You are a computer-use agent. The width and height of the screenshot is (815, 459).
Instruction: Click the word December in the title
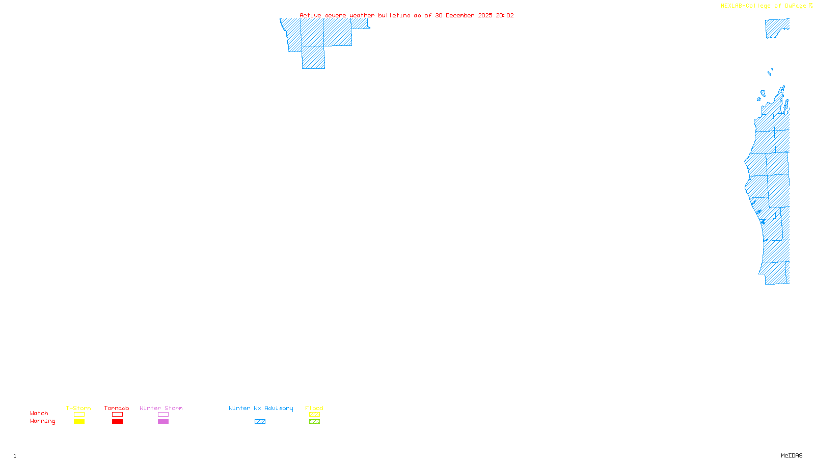pyautogui.click(x=460, y=15)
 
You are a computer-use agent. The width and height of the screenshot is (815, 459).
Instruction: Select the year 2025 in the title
pyautogui.click(x=485, y=15)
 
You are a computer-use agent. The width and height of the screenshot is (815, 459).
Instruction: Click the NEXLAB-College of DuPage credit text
pyautogui.click(x=763, y=6)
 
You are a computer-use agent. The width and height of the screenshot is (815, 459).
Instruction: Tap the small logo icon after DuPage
pyautogui.click(x=810, y=6)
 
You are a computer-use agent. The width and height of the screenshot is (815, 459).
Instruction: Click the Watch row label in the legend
pyautogui.click(x=39, y=414)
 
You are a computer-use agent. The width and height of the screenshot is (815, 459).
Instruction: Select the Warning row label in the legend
pyautogui.click(x=43, y=421)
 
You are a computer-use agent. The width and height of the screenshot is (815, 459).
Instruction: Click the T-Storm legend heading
pyautogui.click(x=78, y=408)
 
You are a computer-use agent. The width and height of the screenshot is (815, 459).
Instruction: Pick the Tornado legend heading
pyautogui.click(x=117, y=408)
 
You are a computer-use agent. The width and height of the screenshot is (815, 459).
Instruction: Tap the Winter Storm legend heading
pyautogui.click(x=161, y=408)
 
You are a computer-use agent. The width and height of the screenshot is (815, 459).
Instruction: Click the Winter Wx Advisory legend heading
pyautogui.click(x=261, y=408)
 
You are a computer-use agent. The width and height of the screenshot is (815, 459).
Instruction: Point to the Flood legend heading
pyautogui.click(x=314, y=408)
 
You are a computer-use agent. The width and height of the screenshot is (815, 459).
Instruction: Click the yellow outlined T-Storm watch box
pyautogui.click(x=79, y=415)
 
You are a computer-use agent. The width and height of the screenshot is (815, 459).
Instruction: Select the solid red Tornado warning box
pyautogui.click(x=117, y=422)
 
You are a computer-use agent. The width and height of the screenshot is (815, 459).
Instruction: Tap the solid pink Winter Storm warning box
pyautogui.click(x=163, y=422)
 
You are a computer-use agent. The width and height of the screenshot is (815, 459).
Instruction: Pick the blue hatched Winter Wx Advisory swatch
pyautogui.click(x=260, y=422)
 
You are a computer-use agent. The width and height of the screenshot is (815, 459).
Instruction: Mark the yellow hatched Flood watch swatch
pyautogui.click(x=314, y=415)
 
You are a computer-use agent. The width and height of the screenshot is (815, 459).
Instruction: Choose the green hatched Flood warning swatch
pyautogui.click(x=314, y=422)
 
